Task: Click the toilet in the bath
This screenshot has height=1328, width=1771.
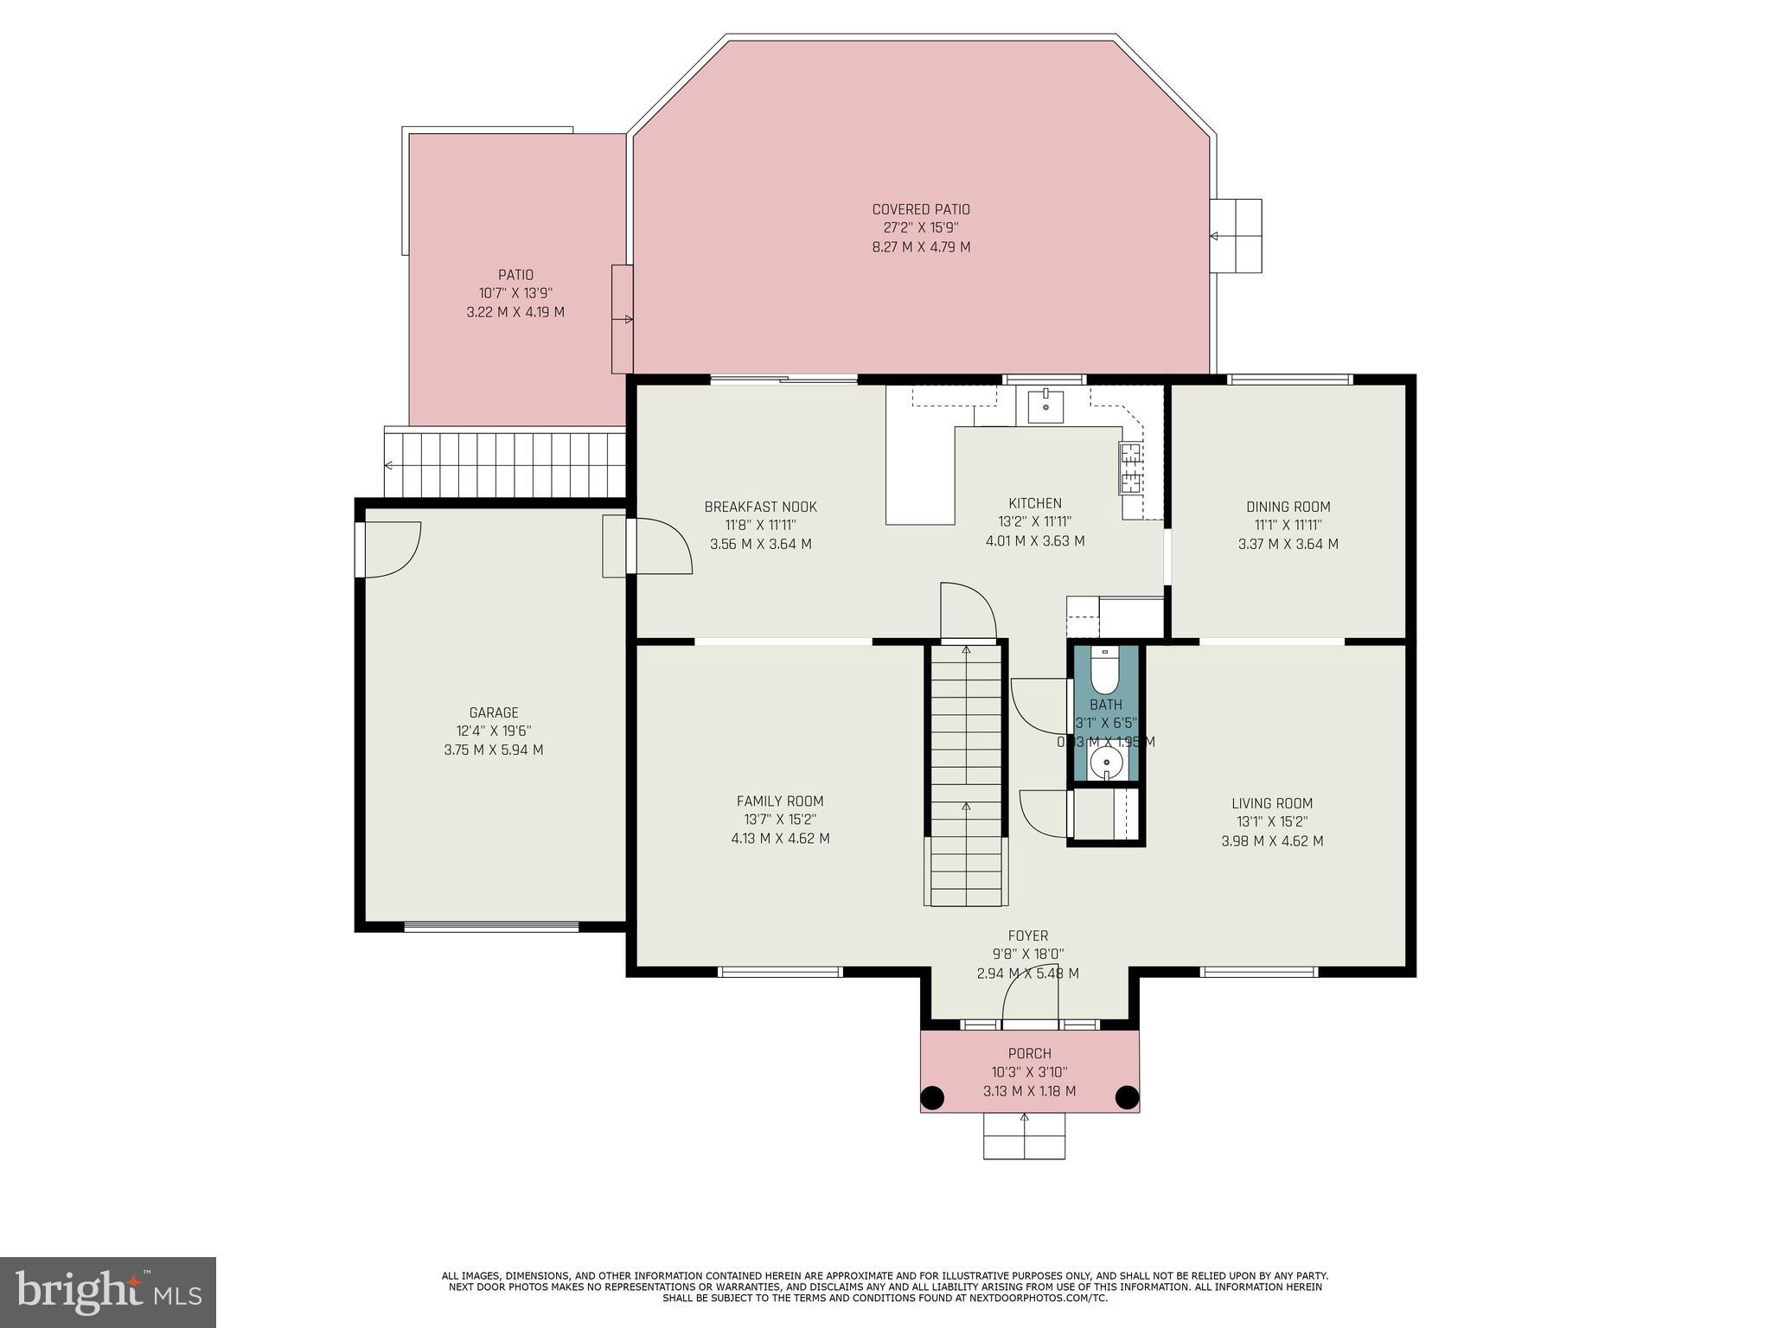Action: pos(1104,672)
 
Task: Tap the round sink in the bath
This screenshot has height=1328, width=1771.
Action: pos(1106,763)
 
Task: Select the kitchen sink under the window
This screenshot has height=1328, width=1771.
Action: pos(1045,405)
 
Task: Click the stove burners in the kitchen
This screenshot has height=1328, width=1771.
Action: pos(1131,468)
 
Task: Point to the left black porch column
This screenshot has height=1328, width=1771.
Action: pos(931,1098)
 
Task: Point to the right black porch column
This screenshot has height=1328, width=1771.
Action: pos(1127,1097)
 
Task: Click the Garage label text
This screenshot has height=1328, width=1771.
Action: pos(494,712)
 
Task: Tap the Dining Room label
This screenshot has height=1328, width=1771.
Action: pos(1288,507)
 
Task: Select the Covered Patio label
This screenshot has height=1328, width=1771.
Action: pos(921,209)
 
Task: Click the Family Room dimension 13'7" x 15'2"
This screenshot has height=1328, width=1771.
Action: pos(780,820)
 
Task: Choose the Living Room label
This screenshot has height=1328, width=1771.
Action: pos(1272,803)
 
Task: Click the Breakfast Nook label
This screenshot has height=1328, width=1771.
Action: pos(760,507)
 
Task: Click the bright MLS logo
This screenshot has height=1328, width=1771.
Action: pos(108,1292)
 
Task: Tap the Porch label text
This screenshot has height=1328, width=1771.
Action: pos(1029,1053)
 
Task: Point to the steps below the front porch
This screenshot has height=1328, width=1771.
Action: pos(1024,1135)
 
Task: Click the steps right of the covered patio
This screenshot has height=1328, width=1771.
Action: pos(1235,235)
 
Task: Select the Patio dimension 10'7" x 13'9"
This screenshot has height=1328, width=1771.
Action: pos(515,293)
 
